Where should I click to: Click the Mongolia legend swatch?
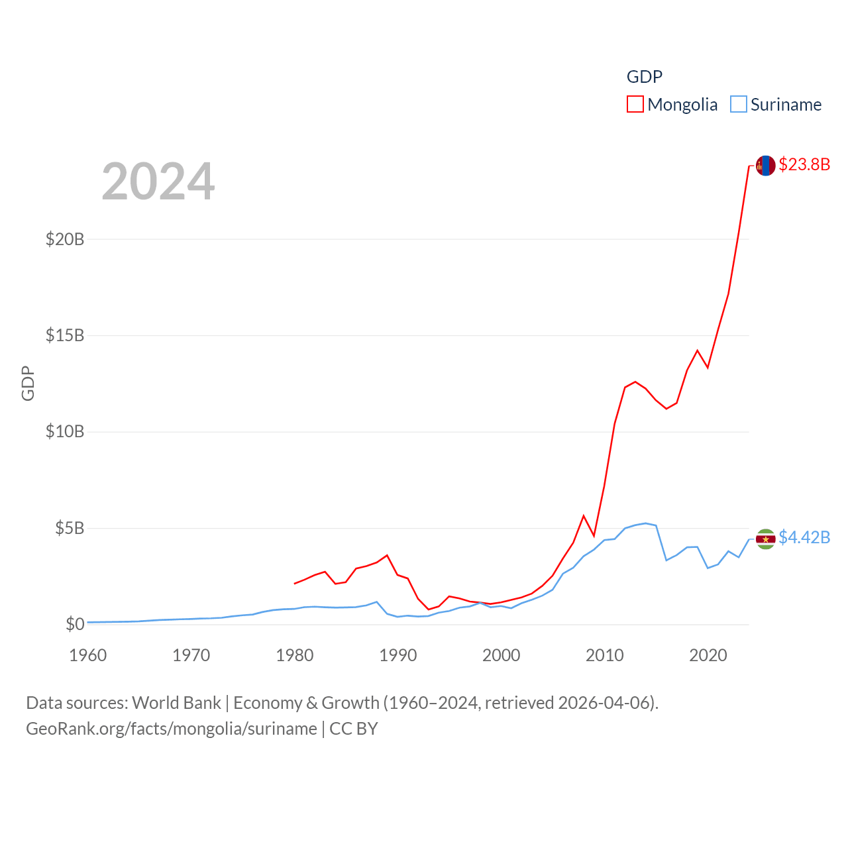pyautogui.click(x=635, y=105)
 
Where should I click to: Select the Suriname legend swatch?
pyautogui.click(x=738, y=105)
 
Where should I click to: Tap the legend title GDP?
pyautogui.click(x=644, y=77)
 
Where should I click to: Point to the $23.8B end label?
pyautogui.click(x=804, y=164)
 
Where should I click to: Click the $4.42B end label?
pyautogui.click(x=804, y=537)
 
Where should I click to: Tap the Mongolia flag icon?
pyautogui.click(x=765, y=166)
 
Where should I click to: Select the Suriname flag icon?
pyautogui.click(x=765, y=539)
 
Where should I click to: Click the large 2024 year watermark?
pyautogui.click(x=158, y=181)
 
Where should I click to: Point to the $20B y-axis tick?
pyautogui.click(x=65, y=239)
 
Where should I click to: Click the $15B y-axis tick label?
pyautogui.click(x=65, y=335)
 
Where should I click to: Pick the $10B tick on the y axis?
pyautogui.click(x=65, y=432)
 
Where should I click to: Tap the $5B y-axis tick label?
pyautogui.click(x=70, y=528)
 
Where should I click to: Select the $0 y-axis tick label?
pyautogui.click(x=75, y=624)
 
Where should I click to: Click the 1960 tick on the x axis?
pyautogui.click(x=88, y=655)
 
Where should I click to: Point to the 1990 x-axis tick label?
pyautogui.click(x=397, y=655)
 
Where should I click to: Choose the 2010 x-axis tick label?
pyautogui.click(x=604, y=655)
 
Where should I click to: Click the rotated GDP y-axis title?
pyautogui.click(x=28, y=383)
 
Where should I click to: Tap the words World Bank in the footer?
pyautogui.click(x=176, y=703)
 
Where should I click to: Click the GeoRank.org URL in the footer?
pyautogui.click(x=171, y=729)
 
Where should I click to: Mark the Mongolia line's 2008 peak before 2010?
pyautogui.click(x=584, y=515)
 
